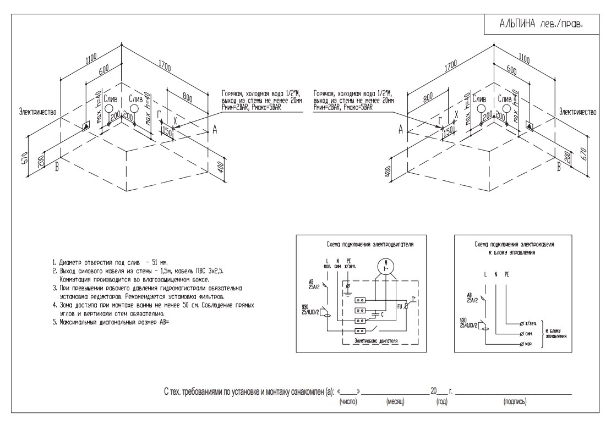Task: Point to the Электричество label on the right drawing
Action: (578, 112)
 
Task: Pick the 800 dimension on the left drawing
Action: (188, 100)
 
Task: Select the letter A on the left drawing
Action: (215, 129)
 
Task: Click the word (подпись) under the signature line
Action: (514, 402)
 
